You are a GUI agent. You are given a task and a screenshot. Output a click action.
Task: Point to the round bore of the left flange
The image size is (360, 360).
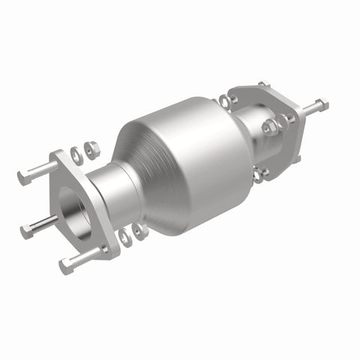tap(72, 206)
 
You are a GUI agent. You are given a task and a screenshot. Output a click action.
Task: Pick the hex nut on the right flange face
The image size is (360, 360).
tap(270, 127)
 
